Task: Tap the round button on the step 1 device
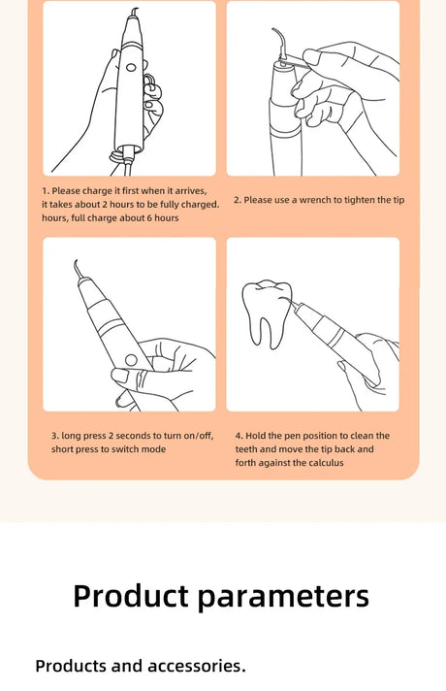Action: [x=131, y=68]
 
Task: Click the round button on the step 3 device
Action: [x=131, y=360]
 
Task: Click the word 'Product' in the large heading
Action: [x=131, y=596]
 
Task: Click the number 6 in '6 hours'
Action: [x=149, y=217]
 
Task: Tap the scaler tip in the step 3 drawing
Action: [x=78, y=269]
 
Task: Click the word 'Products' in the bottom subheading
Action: [x=72, y=666]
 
